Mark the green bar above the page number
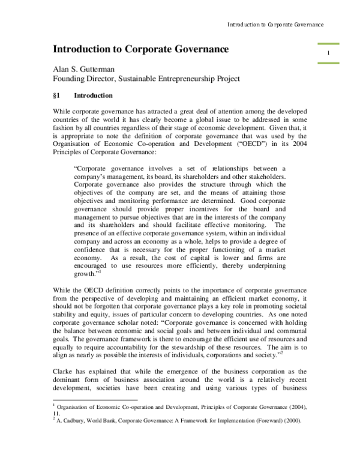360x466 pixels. (x=328, y=44)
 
